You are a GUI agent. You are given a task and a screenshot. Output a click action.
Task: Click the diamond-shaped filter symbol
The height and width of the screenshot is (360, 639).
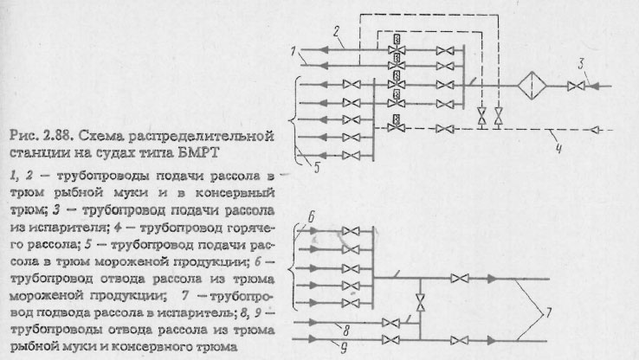point(529,88)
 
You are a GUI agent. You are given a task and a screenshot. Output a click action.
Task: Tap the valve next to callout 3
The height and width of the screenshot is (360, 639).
point(572,87)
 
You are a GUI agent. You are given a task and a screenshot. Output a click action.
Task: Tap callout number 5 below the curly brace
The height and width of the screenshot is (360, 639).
point(317,170)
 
